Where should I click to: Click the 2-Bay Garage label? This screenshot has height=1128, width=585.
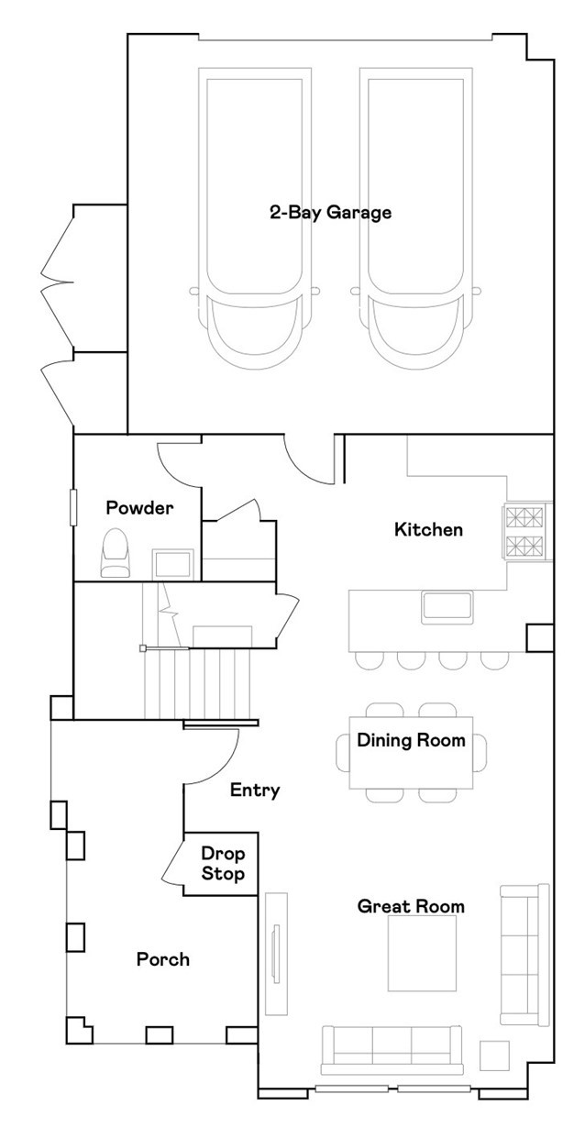pos(330,213)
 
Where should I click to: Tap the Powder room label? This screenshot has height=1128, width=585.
pos(139,508)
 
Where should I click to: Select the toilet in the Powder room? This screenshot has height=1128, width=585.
pos(116,552)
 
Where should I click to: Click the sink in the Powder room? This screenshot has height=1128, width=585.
pos(172,564)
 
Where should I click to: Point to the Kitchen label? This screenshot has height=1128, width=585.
pos(428,529)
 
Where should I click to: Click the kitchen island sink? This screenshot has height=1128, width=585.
pos(447,607)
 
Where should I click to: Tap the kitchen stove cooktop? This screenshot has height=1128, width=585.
pos(526,531)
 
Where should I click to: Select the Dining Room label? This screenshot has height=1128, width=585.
pos(411,740)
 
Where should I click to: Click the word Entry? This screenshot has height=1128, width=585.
pos(255,791)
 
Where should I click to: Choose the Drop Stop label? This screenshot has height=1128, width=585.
pos(223,864)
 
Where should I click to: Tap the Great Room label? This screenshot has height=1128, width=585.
pos(411,906)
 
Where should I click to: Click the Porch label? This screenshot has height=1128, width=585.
pos(163,959)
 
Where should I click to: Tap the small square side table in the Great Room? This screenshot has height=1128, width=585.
pos(494,1056)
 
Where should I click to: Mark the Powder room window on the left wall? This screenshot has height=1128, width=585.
pos(73,507)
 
